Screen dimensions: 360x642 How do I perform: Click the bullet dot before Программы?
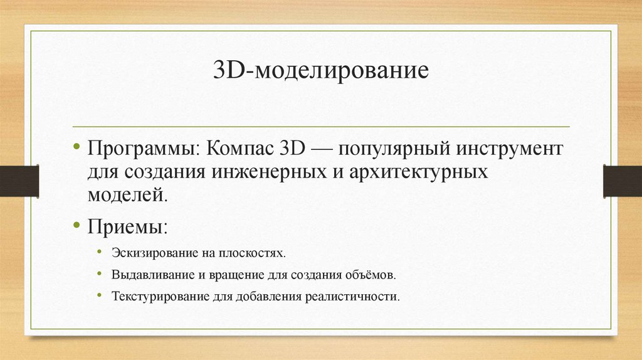(x=76, y=147)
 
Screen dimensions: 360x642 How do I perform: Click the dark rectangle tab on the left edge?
(x=19, y=180)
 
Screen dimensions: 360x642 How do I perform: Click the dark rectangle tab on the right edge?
(x=623, y=180)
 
